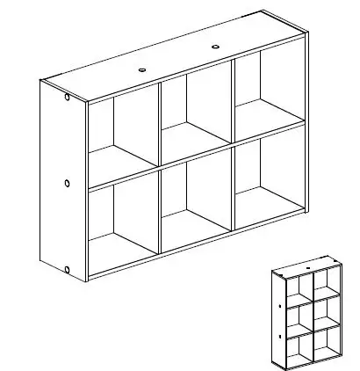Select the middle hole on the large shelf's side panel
click(x=68, y=184)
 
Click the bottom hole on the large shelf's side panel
click(x=68, y=268)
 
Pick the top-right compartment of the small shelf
click(x=326, y=280)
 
